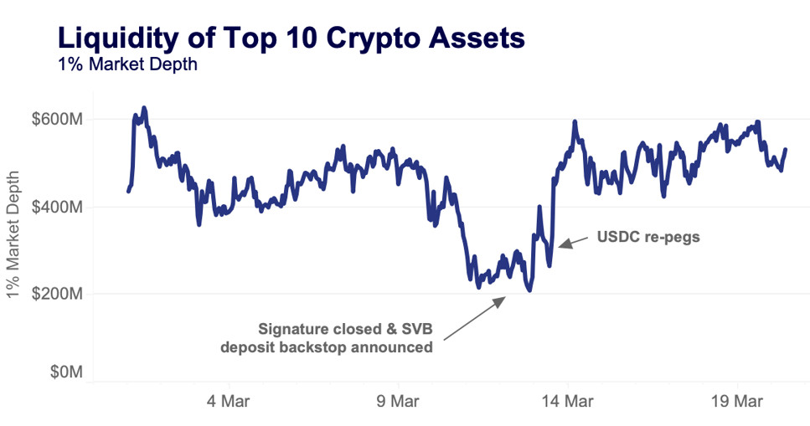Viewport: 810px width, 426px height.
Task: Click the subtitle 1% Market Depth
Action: pyautogui.click(x=127, y=64)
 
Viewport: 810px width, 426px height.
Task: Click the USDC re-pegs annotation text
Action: pyautogui.click(x=648, y=237)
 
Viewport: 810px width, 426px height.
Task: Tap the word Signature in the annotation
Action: pyautogui.click(x=294, y=327)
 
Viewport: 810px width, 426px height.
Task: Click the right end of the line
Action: pyautogui.click(x=785, y=150)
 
